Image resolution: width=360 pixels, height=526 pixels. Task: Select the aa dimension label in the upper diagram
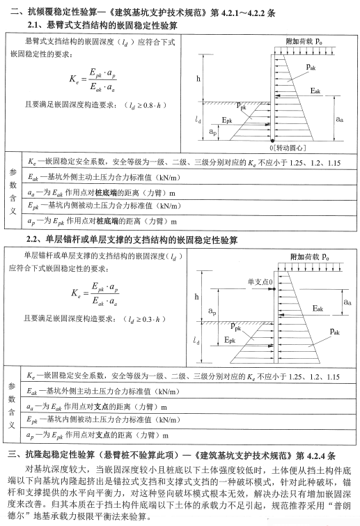click(339, 119)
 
